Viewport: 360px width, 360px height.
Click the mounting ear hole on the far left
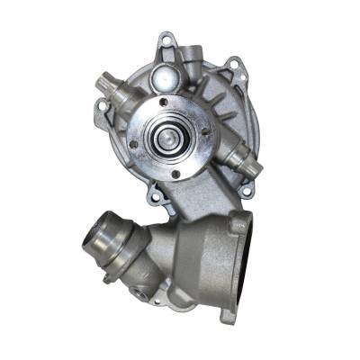click(x=103, y=105)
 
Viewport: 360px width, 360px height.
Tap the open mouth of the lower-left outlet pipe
click(x=97, y=238)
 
